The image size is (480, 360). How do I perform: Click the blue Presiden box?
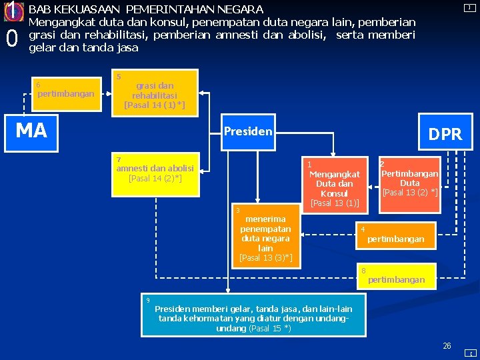[x=248, y=131]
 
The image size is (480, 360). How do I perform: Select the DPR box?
[x=444, y=134]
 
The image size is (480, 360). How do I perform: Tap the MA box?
[x=32, y=131]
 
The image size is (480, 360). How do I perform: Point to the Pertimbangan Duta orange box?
[x=409, y=183]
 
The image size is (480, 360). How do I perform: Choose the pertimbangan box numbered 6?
[x=65, y=94]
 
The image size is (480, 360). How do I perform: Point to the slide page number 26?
[x=447, y=345]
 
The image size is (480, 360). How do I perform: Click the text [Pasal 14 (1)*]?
[x=155, y=105]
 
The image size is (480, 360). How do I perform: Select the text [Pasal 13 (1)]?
[x=335, y=203]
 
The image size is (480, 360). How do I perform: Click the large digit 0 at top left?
[x=11, y=39]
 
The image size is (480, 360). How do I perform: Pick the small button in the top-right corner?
[x=470, y=7]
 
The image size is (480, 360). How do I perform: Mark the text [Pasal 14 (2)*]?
[x=155, y=179]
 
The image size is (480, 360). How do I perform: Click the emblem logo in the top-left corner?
[x=13, y=11]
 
